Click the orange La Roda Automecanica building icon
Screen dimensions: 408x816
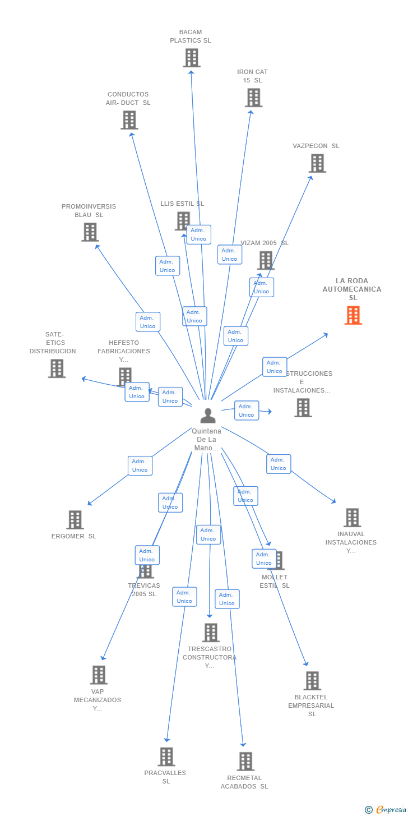click(x=353, y=315)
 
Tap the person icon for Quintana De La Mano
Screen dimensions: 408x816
click(x=208, y=416)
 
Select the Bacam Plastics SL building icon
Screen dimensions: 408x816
click(x=192, y=58)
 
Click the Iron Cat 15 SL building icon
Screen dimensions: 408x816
click(x=253, y=98)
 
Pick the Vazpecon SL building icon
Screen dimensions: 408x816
click(x=317, y=163)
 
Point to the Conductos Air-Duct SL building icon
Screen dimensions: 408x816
click(x=129, y=120)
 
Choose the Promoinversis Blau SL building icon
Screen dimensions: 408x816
click(x=90, y=232)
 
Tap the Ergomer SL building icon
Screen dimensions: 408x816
click(x=75, y=520)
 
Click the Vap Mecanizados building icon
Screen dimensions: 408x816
click(x=99, y=675)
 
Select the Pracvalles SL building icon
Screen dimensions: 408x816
click(x=166, y=757)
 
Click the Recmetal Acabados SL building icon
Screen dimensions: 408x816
click(x=245, y=762)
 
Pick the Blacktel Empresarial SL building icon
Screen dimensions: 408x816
click(x=312, y=681)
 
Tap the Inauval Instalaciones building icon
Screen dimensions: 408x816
click(x=352, y=518)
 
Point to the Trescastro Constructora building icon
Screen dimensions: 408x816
click(x=211, y=633)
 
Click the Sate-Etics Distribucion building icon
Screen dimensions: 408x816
click(x=57, y=368)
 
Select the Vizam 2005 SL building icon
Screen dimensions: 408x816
click(x=266, y=260)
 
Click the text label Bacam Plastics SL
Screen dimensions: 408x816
click(x=191, y=36)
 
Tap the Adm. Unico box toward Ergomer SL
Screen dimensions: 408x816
click(x=140, y=465)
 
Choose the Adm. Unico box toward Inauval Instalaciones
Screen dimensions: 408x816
click(x=279, y=464)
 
